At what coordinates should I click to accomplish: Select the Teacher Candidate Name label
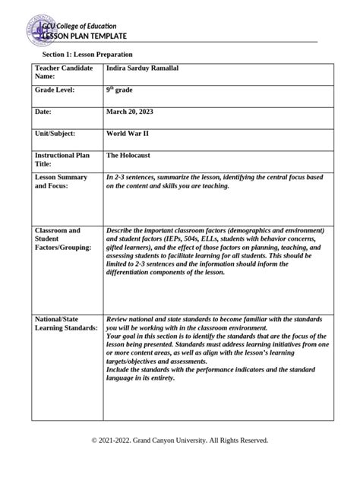tap(64, 72)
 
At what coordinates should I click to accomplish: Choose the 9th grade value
tap(123, 90)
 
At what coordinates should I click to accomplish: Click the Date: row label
tap(46, 112)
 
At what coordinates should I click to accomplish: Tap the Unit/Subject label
tap(55, 133)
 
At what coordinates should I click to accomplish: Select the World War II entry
tap(130, 133)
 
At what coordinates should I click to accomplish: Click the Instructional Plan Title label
tap(62, 159)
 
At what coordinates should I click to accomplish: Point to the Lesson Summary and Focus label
tap(61, 181)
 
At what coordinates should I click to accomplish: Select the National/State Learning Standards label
tap(66, 323)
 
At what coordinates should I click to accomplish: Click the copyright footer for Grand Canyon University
tap(179, 440)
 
